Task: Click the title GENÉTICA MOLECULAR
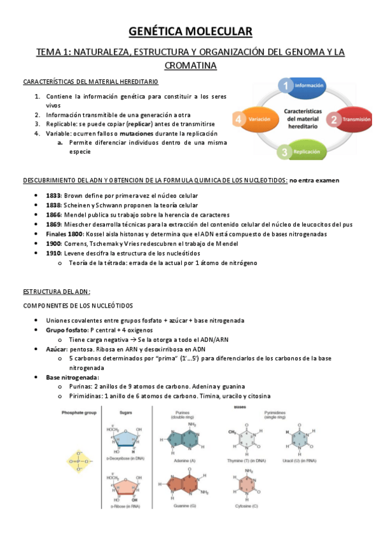pos(190,31)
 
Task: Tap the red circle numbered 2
pos(333,119)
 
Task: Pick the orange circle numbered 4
pos(239,119)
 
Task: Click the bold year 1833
pos(54,195)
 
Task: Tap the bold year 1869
pos(54,224)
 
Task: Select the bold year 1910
pos(54,254)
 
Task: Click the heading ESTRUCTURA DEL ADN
pos(57,292)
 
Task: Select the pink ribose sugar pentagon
pos(125,487)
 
